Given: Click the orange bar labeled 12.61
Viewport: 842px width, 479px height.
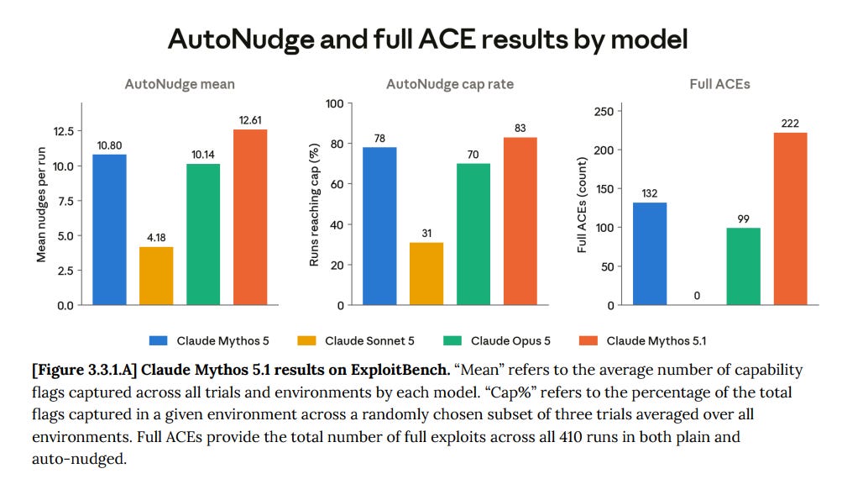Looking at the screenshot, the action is pyautogui.click(x=250, y=217).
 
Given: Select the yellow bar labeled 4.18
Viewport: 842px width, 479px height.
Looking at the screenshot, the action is pyautogui.click(x=156, y=276).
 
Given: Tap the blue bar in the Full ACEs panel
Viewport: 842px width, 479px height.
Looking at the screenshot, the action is pyautogui.click(x=650, y=254).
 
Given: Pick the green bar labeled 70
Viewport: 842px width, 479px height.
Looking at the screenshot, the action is pyautogui.click(x=473, y=234).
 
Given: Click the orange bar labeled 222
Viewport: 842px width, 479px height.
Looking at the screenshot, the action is pyautogui.click(x=791, y=218).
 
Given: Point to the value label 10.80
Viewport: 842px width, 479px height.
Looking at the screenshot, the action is pyautogui.click(x=109, y=145).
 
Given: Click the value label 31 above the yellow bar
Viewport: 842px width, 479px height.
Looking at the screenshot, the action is pyautogui.click(x=426, y=234).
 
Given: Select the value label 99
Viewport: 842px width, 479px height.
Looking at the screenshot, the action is pyautogui.click(x=743, y=218).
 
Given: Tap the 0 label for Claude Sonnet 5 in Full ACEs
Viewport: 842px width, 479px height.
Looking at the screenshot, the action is pyautogui.click(x=697, y=296).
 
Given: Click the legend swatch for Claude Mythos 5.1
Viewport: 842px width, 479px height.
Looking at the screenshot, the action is pyautogui.click(x=588, y=341).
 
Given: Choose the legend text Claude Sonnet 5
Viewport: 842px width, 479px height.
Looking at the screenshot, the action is pyautogui.click(x=369, y=341).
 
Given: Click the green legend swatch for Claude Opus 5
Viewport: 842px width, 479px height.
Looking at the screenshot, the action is pyautogui.click(x=452, y=341).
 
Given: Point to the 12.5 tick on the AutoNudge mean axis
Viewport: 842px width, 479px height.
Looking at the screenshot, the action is pyautogui.click(x=63, y=131).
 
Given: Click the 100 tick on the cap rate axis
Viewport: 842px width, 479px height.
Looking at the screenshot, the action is pyautogui.click(x=335, y=103).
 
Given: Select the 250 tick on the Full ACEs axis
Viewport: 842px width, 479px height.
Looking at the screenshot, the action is pyautogui.click(x=604, y=112).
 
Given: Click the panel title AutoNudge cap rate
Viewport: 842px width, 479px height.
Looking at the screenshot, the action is pyautogui.click(x=450, y=84).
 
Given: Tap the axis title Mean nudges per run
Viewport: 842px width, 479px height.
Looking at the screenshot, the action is pyautogui.click(x=41, y=205).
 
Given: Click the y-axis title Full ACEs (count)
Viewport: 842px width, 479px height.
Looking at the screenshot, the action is pyautogui.click(x=582, y=205).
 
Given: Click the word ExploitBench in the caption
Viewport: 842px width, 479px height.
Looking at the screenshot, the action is pyautogui.click(x=400, y=370).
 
